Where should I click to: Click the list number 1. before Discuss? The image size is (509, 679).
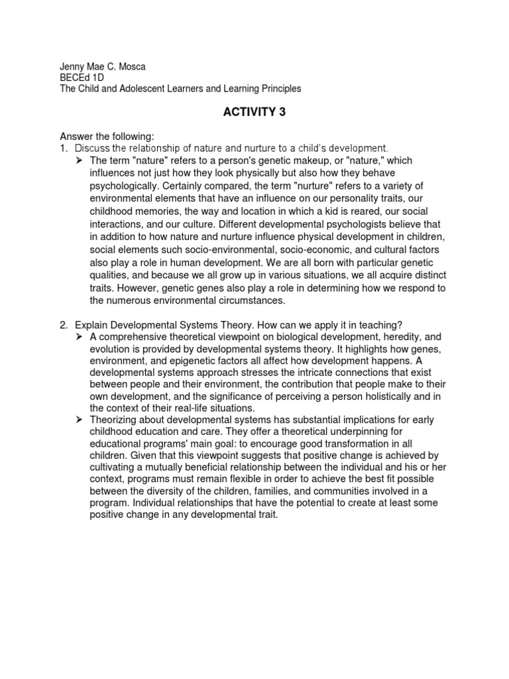(x=65, y=148)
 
